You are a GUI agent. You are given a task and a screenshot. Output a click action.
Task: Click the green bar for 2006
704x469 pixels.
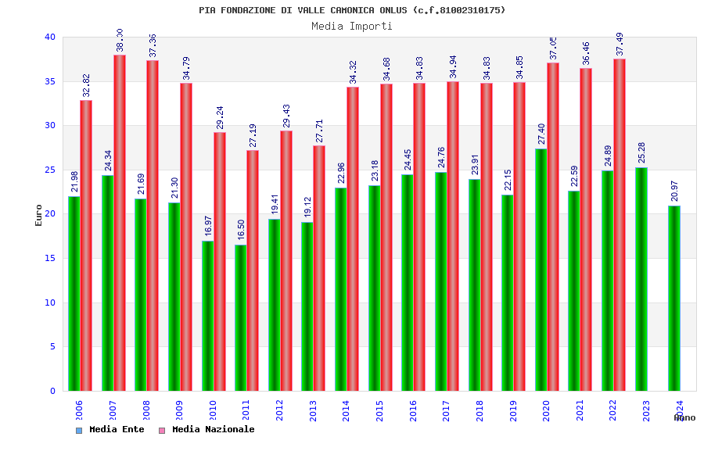(74, 293)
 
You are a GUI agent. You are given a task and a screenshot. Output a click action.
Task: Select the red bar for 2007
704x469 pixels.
(120, 223)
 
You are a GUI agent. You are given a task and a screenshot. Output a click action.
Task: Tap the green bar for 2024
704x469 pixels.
(674, 298)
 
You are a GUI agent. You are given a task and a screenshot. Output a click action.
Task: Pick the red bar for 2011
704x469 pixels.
(253, 270)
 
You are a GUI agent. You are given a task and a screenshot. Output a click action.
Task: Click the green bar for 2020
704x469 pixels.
(541, 270)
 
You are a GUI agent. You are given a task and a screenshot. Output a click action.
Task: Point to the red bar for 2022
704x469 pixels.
(620, 225)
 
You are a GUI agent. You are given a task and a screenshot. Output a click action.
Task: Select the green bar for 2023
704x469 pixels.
(641, 279)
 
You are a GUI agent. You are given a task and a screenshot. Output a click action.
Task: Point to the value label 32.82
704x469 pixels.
(86, 85)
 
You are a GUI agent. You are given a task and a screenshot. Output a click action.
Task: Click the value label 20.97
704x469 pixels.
(674, 191)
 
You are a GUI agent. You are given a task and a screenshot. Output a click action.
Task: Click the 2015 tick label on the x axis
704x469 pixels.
(379, 410)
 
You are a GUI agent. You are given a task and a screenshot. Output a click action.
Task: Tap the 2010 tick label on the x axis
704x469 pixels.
(213, 410)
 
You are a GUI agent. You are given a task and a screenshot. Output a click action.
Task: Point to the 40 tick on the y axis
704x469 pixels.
(50, 37)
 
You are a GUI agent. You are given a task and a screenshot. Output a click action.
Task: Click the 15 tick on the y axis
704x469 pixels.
(50, 258)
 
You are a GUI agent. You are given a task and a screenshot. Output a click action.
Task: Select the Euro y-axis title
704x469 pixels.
(39, 215)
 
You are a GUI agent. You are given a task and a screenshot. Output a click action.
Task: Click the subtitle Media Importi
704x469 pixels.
(352, 26)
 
